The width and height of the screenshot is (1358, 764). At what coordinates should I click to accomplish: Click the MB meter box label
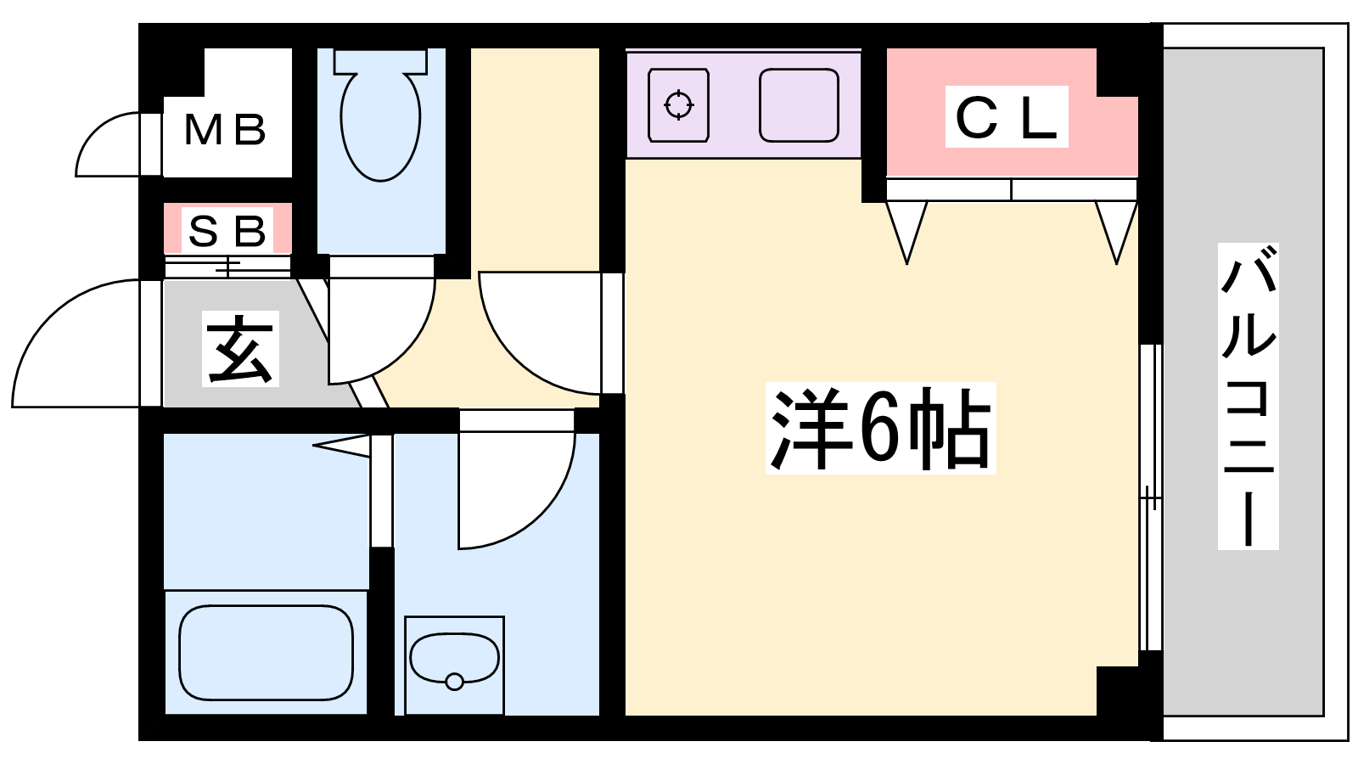[226, 130]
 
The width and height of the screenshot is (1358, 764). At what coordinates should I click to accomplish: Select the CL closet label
[1007, 117]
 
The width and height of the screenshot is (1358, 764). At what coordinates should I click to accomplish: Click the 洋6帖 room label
[880, 429]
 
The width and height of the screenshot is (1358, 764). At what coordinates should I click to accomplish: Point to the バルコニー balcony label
[1248, 396]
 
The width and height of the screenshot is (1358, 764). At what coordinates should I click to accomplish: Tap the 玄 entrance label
[240, 350]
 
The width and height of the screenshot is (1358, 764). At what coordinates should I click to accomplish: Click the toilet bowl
[380, 127]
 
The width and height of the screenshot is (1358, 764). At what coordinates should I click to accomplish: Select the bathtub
[266, 652]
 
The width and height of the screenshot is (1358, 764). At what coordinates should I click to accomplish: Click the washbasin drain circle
[454, 681]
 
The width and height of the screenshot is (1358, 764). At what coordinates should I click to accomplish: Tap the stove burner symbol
[678, 105]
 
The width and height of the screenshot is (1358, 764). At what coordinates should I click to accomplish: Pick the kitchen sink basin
[799, 105]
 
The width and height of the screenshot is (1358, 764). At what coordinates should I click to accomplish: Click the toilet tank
[379, 61]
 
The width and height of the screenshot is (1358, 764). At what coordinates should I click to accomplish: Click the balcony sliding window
[1150, 497]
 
